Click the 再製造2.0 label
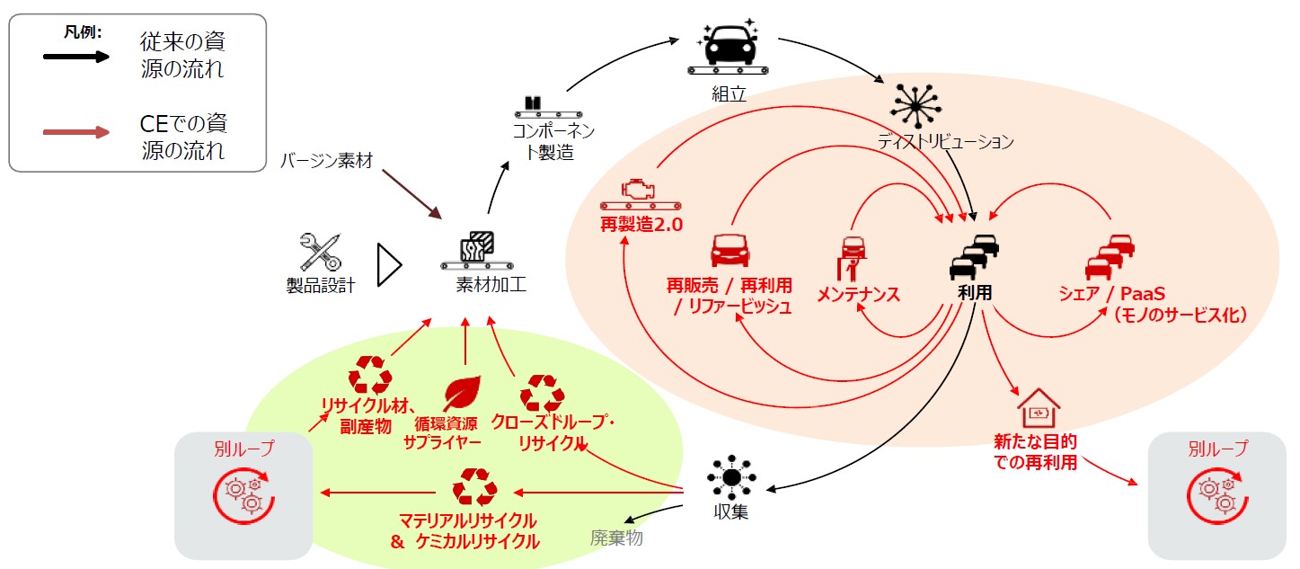(x=642, y=224)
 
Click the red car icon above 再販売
(x=730, y=251)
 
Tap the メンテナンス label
(x=858, y=294)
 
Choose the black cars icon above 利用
(x=975, y=256)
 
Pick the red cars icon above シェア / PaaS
(x=1110, y=256)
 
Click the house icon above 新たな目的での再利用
(x=1038, y=409)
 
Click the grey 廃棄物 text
(x=616, y=538)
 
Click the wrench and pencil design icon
(x=321, y=253)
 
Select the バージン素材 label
(x=325, y=161)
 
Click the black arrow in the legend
(x=77, y=56)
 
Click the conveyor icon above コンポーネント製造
(x=535, y=108)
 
